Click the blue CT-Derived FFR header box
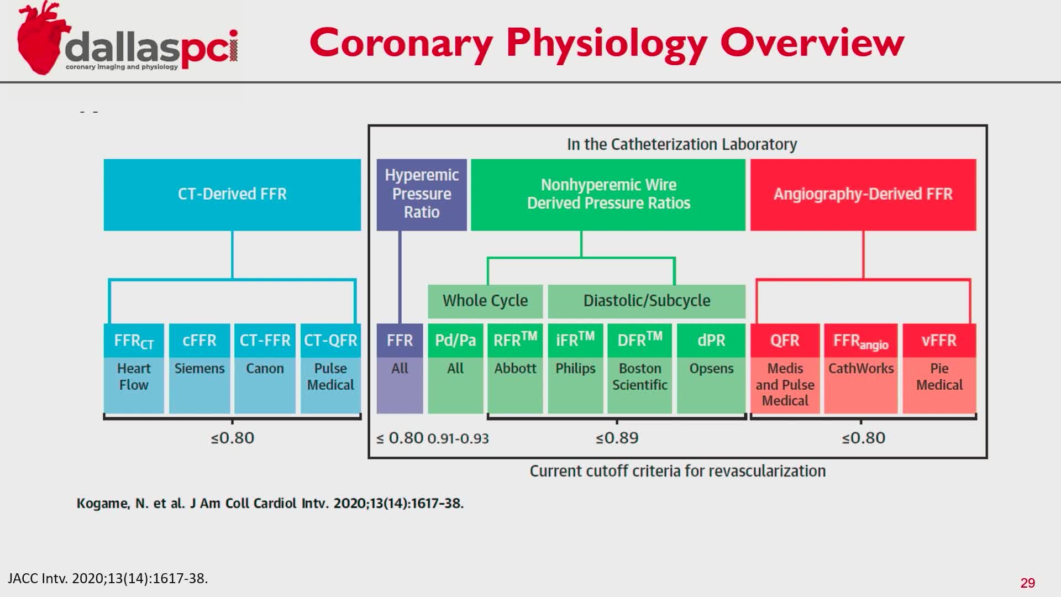(x=232, y=195)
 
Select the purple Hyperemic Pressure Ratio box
(x=422, y=195)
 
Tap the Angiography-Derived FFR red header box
(x=863, y=195)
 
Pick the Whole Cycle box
(x=485, y=301)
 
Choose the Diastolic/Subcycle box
(x=647, y=301)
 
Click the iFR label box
(x=575, y=340)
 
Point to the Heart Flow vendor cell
(x=134, y=377)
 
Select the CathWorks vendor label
(x=860, y=369)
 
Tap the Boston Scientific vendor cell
(x=639, y=377)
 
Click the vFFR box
(x=939, y=340)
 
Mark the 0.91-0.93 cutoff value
(x=458, y=439)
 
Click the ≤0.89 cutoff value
(x=617, y=438)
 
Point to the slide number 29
(x=1027, y=583)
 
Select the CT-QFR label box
(x=330, y=340)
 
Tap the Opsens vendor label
(x=711, y=369)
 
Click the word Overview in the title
(x=812, y=43)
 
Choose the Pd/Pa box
(x=455, y=340)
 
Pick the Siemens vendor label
(x=199, y=369)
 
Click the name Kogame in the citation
(x=103, y=504)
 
